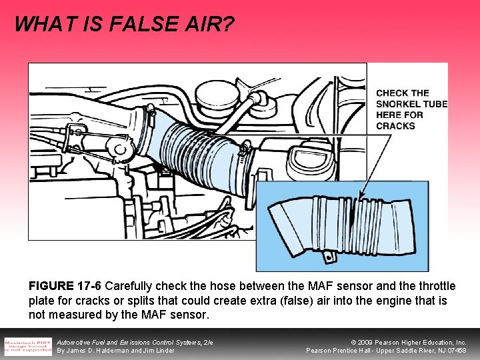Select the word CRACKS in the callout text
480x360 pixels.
click(396, 125)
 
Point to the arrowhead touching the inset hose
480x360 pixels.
click(361, 197)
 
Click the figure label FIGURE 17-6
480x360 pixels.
click(65, 286)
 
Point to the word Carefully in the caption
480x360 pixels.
click(129, 286)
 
